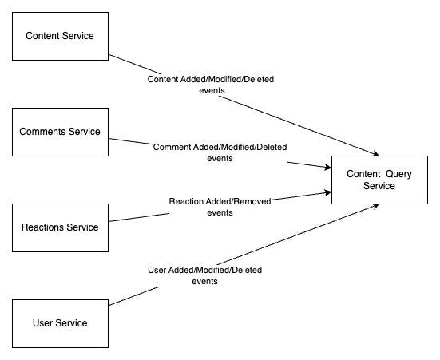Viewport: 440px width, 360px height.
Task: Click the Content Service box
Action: (x=60, y=36)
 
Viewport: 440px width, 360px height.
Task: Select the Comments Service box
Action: (x=60, y=131)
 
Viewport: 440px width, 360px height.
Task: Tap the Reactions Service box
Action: (x=60, y=227)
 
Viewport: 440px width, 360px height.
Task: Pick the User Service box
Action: (x=60, y=322)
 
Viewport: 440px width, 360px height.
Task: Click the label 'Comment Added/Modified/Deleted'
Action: (x=220, y=147)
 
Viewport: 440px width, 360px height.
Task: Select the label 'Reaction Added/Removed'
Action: (x=220, y=201)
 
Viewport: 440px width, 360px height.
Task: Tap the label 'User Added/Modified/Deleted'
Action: (x=205, y=270)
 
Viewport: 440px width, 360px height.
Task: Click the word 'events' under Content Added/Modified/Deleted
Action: (x=212, y=91)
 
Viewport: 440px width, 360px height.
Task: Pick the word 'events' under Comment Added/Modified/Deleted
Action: (x=220, y=158)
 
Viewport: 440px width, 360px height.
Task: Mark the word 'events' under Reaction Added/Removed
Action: (x=220, y=212)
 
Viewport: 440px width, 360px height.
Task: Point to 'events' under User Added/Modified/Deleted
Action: (x=205, y=281)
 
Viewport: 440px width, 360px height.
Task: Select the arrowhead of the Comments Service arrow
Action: (x=327, y=167)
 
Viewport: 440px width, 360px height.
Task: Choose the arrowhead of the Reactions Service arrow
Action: (x=327, y=192)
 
